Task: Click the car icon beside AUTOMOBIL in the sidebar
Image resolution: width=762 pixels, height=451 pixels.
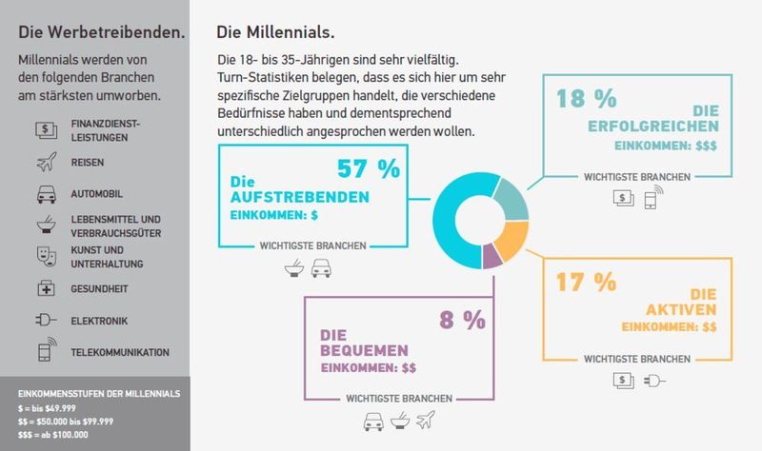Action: [x=45, y=195]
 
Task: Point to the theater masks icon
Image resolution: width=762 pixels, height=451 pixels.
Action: [x=45, y=255]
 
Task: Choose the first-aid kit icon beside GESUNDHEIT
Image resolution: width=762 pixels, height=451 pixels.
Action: [x=45, y=288]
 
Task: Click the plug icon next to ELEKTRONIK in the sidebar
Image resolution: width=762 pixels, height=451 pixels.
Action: [x=45, y=321]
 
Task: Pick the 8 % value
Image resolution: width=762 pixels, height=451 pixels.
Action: [x=462, y=320]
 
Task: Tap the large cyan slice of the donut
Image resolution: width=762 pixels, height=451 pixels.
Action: [x=455, y=219]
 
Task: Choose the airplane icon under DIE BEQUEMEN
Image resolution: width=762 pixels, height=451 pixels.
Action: [x=425, y=419]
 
